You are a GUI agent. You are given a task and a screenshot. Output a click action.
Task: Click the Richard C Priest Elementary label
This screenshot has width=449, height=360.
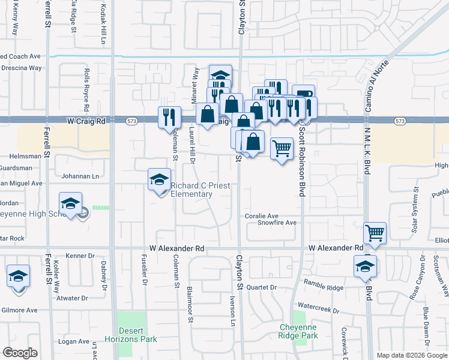200,190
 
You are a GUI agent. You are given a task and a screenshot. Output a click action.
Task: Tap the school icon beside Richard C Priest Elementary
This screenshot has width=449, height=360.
159,179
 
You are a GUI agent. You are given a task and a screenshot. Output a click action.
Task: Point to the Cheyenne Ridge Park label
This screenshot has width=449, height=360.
298,331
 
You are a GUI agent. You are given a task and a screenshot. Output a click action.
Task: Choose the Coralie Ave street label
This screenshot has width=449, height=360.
261,216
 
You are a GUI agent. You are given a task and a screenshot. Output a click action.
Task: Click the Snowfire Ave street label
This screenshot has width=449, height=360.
277,223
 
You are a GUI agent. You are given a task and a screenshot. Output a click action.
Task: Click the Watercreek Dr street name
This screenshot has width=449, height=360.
318,311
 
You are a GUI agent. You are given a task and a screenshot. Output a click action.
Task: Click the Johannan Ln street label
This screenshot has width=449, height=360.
80,176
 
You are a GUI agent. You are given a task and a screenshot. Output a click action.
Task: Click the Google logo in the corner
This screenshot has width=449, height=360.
20,353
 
